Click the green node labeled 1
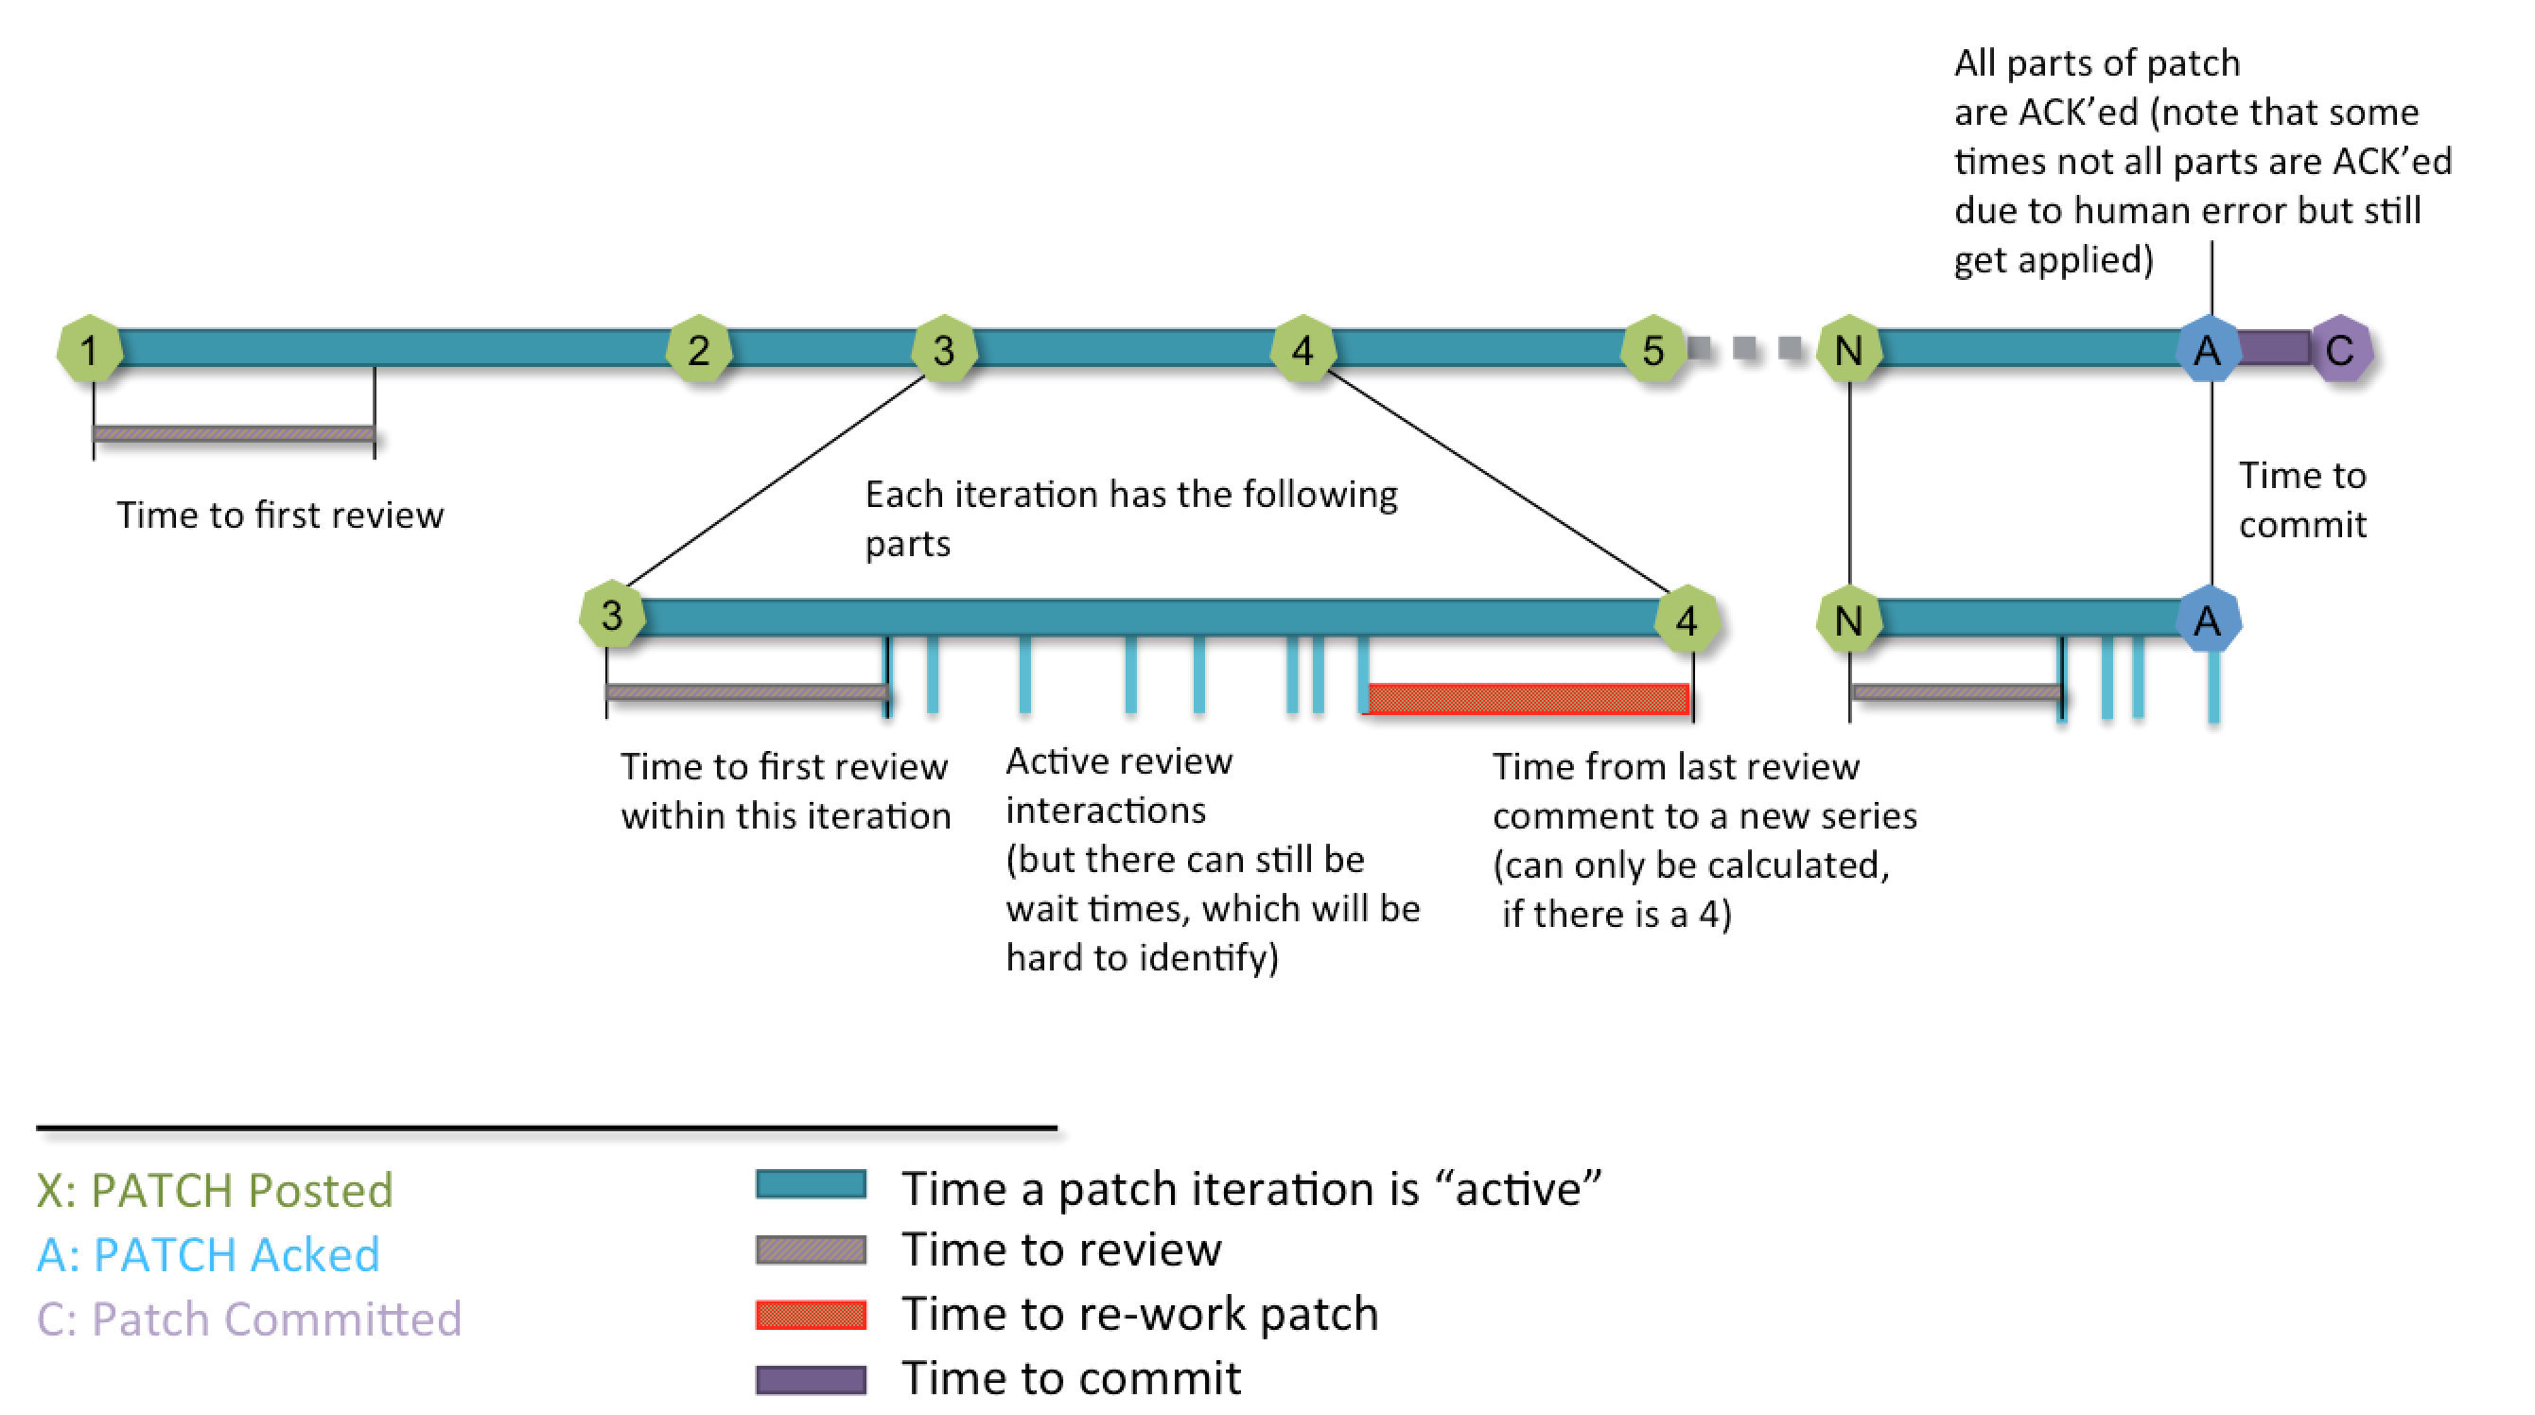tap(90, 349)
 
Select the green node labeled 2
tap(699, 349)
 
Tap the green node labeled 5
tap(1653, 349)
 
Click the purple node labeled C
tap(2340, 349)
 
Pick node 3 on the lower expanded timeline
tap(611, 616)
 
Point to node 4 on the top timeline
tap(1302, 349)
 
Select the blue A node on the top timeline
tap(2208, 349)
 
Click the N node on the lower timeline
tap(1849, 620)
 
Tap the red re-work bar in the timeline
tap(1529, 699)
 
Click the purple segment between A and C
tap(2273, 347)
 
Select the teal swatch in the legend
tap(811, 1184)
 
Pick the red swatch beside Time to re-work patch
tap(811, 1315)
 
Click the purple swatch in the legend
tap(811, 1380)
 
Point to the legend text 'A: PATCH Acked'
tap(209, 1254)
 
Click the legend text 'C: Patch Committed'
tap(249, 1319)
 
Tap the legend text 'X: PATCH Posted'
tap(215, 1190)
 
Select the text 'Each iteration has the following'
tap(1130, 494)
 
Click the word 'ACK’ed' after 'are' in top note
tap(2078, 113)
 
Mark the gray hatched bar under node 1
tap(234, 433)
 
